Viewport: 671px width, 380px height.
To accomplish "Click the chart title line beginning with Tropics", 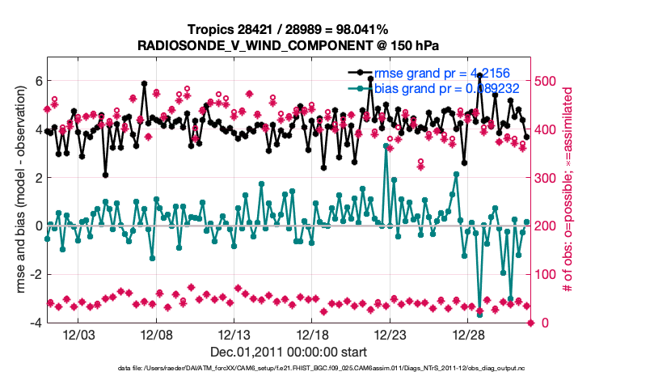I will click(x=288, y=29).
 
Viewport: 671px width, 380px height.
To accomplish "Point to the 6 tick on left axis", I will click(x=37, y=81).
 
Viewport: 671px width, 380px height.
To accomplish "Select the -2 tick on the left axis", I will click(x=36, y=274).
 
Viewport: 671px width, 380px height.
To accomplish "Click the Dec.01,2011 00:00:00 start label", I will click(x=289, y=353).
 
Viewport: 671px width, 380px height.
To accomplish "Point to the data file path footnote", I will click(x=334, y=369).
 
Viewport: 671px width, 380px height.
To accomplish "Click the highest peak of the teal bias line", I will click(x=386, y=146).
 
